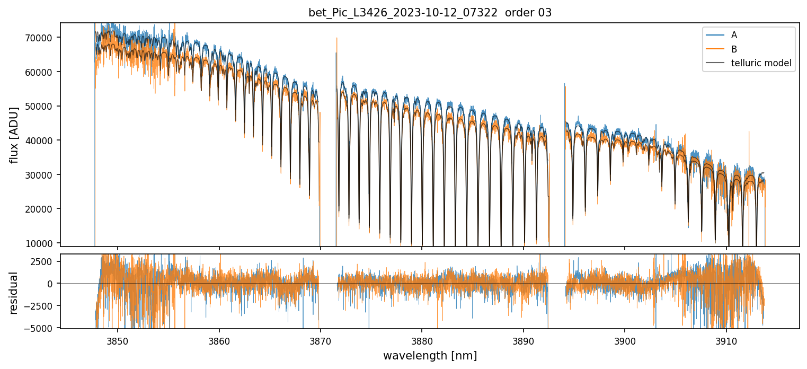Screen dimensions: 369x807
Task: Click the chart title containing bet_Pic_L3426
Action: [430, 13]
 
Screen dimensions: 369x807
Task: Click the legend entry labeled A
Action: [734, 35]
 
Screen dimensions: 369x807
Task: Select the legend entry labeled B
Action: [734, 49]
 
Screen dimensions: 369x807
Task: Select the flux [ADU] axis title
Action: [14, 135]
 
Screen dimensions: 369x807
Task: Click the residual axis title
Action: [14, 293]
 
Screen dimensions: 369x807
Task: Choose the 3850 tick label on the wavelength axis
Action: [118, 339]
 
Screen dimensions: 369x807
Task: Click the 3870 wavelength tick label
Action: [321, 339]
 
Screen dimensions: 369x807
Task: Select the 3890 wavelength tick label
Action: [524, 339]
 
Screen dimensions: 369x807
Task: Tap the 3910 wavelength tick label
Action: [726, 339]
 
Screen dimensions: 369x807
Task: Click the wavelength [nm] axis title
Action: [430, 355]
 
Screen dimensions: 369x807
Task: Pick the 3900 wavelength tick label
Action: [625, 339]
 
